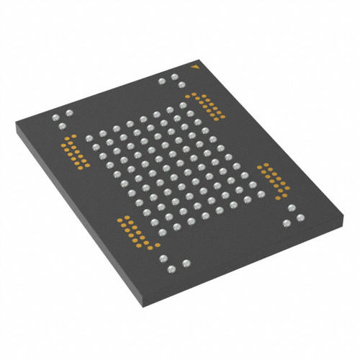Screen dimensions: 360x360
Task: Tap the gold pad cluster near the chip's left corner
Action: [72, 151]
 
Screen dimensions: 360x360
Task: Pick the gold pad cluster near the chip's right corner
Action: [271, 180]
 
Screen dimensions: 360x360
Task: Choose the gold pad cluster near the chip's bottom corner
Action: [135, 232]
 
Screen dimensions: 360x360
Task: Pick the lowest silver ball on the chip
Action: [171, 269]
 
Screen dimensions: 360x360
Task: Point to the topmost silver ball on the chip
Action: [174, 74]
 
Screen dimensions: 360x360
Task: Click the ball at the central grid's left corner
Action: [89, 137]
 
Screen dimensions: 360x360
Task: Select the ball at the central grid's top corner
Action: [181, 108]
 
